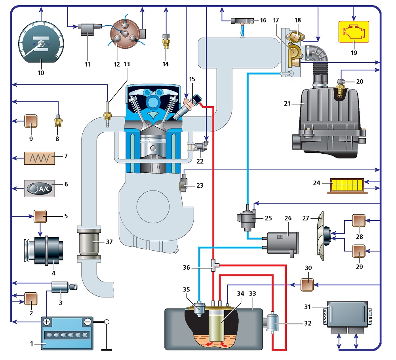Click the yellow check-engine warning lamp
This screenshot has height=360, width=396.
tap(354, 32)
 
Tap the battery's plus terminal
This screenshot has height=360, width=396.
tap(46, 322)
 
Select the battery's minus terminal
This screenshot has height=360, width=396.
tap(88, 322)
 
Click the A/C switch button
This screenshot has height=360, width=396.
tap(39, 189)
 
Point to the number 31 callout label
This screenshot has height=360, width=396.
tap(307, 307)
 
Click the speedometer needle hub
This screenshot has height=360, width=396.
tap(41, 44)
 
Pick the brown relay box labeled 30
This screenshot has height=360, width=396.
tap(307, 285)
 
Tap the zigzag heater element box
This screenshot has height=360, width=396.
tap(39, 158)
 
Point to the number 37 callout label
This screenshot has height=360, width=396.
tap(109, 242)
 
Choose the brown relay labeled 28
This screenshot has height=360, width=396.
tap(359, 221)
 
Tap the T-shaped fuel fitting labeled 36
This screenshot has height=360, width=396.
tap(214, 265)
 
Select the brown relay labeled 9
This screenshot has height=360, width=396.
tap(31, 121)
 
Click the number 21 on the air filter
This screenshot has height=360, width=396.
tap(287, 104)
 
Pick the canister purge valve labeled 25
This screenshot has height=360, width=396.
tap(246, 218)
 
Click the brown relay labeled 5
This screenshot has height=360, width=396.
tap(40, 217)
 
